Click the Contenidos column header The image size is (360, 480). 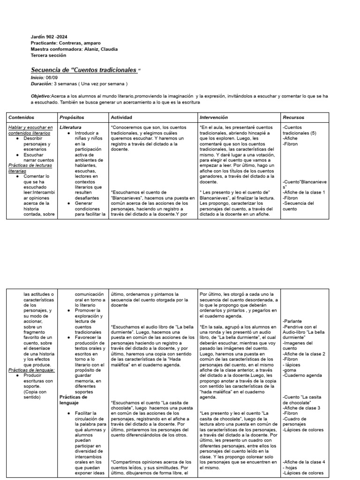tap(22, 117)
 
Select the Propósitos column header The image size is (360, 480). tap(72, 117)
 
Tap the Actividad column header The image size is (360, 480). tap(121, 117)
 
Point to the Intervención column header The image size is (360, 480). tap(214, 117)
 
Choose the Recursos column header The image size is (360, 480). tap(293, 117)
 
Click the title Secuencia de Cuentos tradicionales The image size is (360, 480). tap(84, 70)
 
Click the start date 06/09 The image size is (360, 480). tap(52, 77)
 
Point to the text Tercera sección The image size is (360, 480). tap(48, 55)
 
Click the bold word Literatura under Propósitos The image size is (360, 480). tap(71, 127)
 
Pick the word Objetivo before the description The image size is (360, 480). tap(41, 96)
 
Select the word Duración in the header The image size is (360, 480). tap(41, 83)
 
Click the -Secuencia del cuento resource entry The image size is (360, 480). tap(299, 206)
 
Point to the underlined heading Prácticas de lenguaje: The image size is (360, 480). tap(32, 370)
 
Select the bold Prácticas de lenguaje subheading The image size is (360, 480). tap(73, 399)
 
